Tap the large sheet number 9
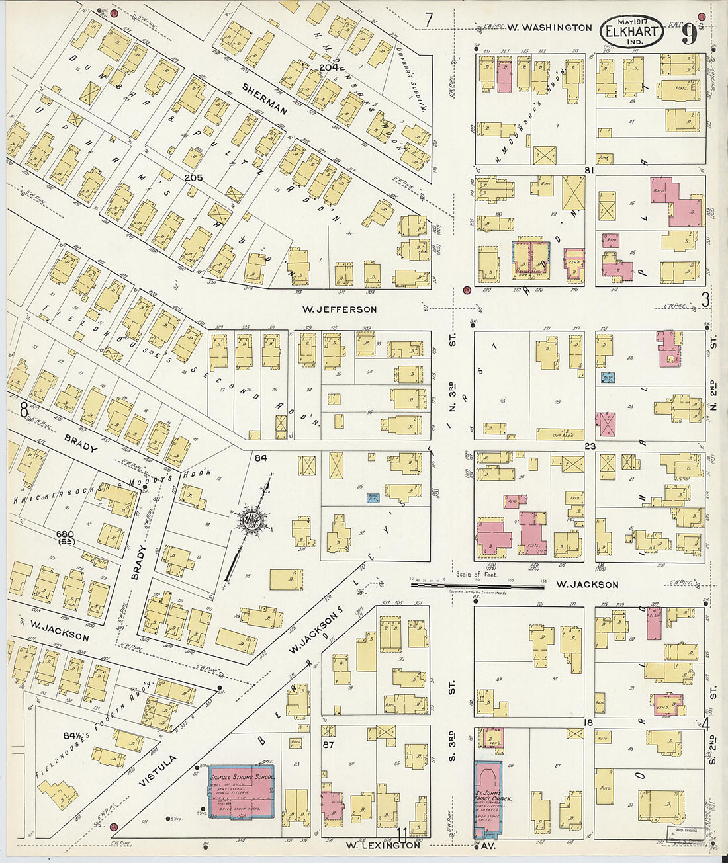pyautogui.click(x=690, y=32)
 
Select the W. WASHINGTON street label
pyautogui.click(x=549, y=28)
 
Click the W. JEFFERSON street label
pyautogui.click(x=340, y=309)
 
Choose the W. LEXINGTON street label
pyautogui.click(x=383, y=845)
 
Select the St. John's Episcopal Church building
pyautogui.click(x=488, y=797)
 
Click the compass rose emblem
pyautogui.click(x=251, y=520)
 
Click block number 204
pyautogui.click(x=328, y=67)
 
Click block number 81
pyautogui.click(x=590, y=170)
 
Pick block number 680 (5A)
pyautogui.click(x=66, y=537)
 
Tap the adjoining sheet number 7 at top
pyautogui.click(x=429, y=20)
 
